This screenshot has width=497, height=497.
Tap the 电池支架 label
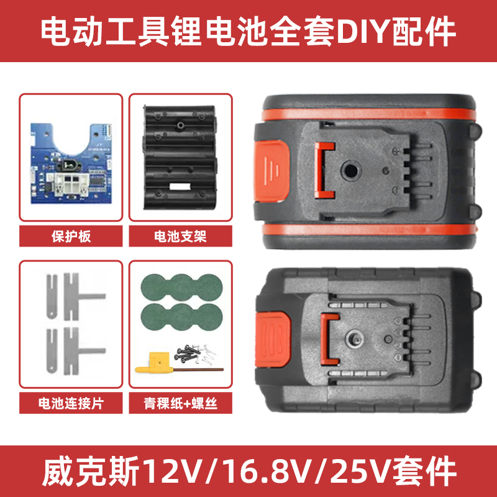pos(180,236)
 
